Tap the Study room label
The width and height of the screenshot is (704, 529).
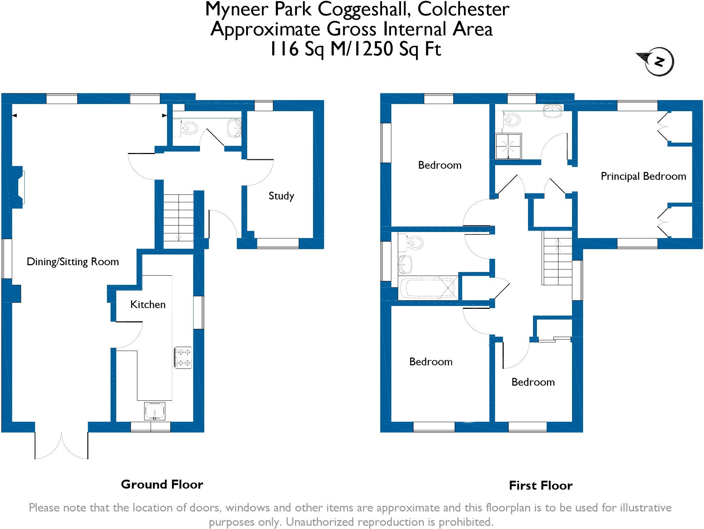pos(281,196)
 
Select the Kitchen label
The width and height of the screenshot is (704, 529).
pos(148,305)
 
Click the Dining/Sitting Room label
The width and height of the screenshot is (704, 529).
pos(73,262)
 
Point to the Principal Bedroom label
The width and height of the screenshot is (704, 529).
pos(643,176)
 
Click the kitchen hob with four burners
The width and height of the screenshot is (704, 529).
pos(183,357)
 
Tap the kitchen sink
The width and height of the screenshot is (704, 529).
pos(155,411)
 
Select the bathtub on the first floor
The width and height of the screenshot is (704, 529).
pos(427,288)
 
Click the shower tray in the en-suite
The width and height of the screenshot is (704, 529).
pos(508,146)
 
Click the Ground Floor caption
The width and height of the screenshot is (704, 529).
pos(162,484)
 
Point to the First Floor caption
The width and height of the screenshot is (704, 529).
pos(541,485)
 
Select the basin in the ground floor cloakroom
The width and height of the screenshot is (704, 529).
pos(234,128)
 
